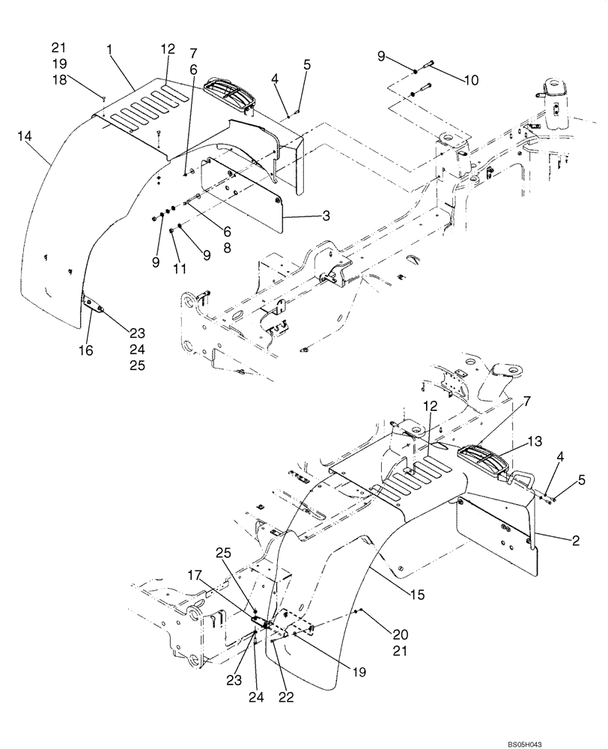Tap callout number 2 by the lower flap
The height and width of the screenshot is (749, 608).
click(x=576, y=540)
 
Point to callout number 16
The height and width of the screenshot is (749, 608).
click(x=88, y=350)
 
